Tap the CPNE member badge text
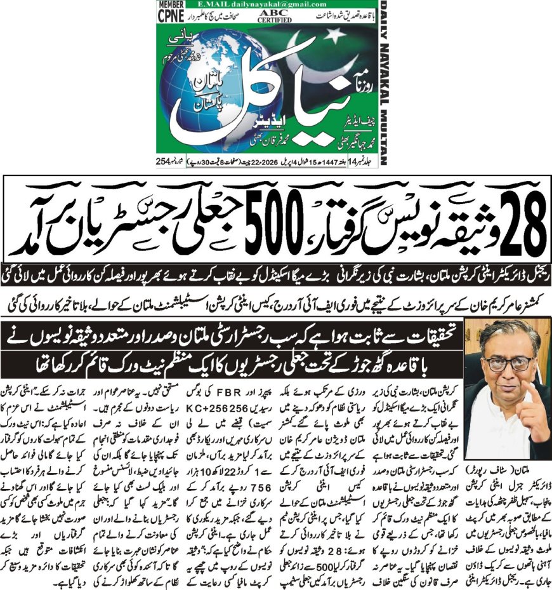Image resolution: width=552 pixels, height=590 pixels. tap(168, 14)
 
